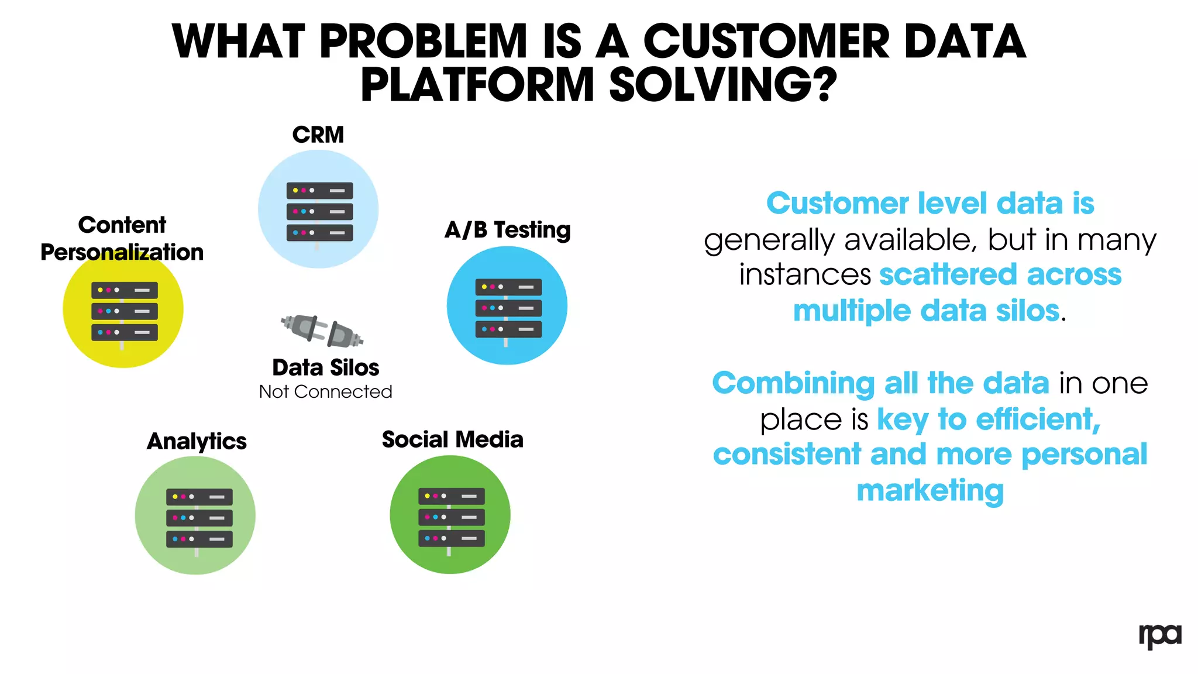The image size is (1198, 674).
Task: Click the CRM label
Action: [x=318, y=135]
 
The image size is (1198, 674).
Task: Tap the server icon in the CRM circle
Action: [x=319, y=212]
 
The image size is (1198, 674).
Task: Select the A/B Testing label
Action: [x=507, y=230]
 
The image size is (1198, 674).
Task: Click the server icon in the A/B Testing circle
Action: [x=508, y=308]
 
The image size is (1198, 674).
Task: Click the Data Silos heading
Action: [x=326, y=368]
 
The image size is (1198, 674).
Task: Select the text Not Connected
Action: [x=326, y=392]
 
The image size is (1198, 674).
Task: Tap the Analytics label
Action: [x=197, y=442]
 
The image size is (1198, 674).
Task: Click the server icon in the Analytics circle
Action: [x=199, y=518]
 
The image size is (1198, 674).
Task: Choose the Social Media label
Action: [x=452, y=440]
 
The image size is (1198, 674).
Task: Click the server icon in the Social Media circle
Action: [x=451, y=517]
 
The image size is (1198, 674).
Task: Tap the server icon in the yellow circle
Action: [x=124, y=311]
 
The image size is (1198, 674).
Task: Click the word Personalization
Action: [x=122, y=253]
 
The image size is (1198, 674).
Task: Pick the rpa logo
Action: [x=1159, y=636]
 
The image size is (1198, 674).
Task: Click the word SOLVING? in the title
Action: [x=723, y=85]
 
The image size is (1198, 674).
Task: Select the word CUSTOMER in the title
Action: [x=766, y=42]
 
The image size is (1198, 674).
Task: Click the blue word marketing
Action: [x=930, y=490]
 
